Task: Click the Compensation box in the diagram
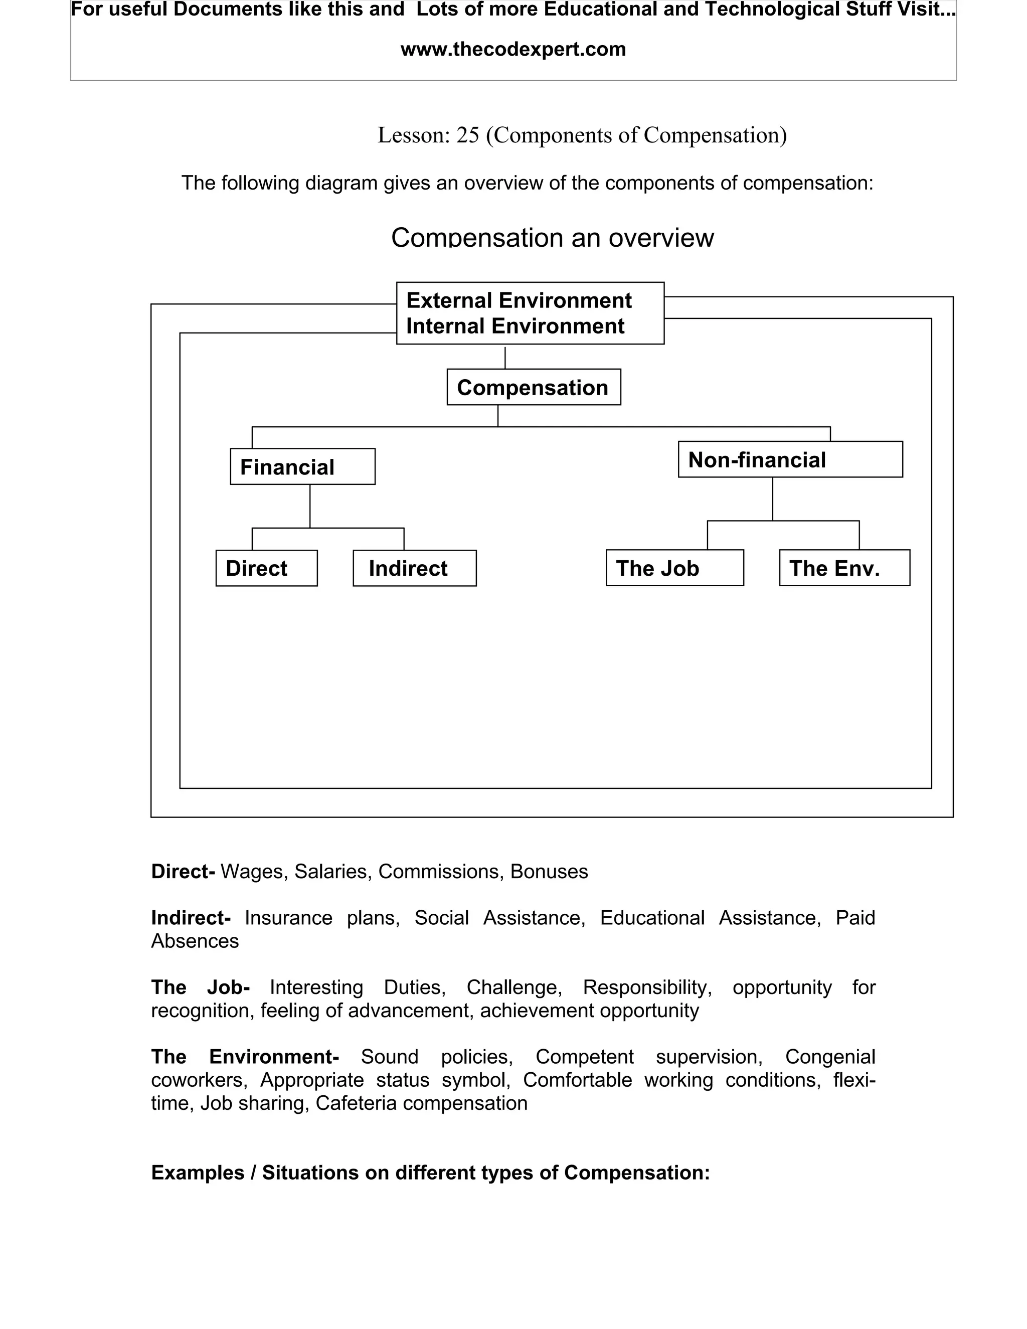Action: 533,387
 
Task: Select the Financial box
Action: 302,467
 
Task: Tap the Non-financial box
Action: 790,459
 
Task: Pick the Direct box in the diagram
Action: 266,568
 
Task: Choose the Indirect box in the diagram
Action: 414,568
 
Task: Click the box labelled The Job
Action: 674,568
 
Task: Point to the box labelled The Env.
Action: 844,568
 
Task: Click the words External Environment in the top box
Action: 519,300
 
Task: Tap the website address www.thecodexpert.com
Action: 513,49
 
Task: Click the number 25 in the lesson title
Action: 467,135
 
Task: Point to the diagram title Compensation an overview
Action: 552,237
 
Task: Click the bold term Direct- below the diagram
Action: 183,872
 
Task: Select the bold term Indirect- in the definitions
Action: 191,918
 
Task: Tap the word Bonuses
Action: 549,872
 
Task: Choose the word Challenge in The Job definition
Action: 513,987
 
